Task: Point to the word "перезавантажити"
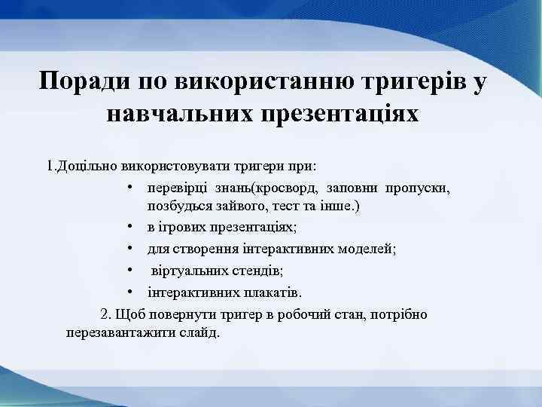117,332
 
